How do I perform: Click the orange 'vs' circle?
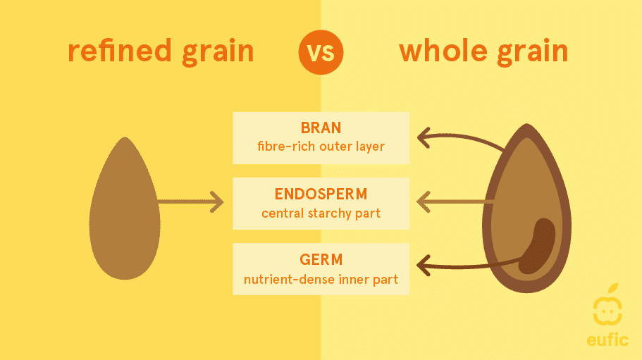321,52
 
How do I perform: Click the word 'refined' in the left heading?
120,51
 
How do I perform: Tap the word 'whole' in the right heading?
443,51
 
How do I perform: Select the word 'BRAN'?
321,128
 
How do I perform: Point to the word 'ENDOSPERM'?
321,194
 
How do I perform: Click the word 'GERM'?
321,259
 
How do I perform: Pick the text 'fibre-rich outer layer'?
321,147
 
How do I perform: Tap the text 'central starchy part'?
321,213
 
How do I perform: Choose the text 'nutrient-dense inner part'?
321,280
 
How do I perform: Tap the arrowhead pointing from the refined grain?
217,201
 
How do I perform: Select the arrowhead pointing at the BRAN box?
424,137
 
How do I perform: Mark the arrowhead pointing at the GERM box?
424,265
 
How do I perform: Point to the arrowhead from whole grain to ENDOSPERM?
424,201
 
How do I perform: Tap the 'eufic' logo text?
607,340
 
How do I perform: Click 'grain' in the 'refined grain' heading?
218,52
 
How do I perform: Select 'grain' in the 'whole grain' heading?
533,52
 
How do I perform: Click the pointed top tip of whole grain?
527,125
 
